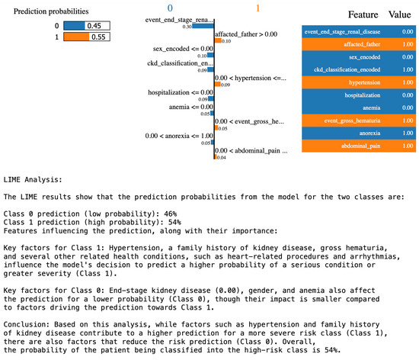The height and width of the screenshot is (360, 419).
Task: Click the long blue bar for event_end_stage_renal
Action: tap(203, 24)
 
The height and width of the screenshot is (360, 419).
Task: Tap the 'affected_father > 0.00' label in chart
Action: tap(245, 34)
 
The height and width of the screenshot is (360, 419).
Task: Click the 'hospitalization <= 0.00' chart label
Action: tap(179, 92)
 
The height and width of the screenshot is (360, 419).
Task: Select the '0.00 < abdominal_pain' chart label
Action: tap(251, 151)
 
